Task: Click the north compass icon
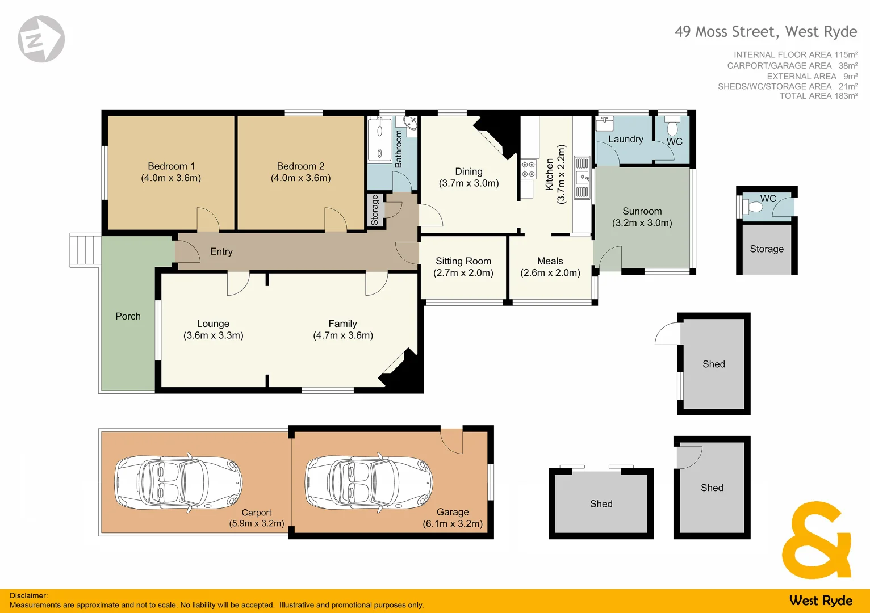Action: pos(41,39)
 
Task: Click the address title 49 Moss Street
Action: pos(765,32)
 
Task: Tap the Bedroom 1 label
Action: pos(171,166)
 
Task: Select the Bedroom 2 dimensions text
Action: pos(300,178)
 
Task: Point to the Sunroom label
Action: pos(642,211)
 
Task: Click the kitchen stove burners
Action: pos(528,169)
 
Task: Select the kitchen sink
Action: pos(582,178)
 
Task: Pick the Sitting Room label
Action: pos(463,261)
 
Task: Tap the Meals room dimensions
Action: pos(550,273)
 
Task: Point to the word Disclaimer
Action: pos(28,595)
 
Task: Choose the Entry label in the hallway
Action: pos(221,251)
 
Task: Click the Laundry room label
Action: pos(625,139)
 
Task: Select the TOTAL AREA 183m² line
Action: pos(818,96)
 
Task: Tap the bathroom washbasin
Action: pos(410,123)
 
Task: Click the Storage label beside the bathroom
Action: pos(375,210)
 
